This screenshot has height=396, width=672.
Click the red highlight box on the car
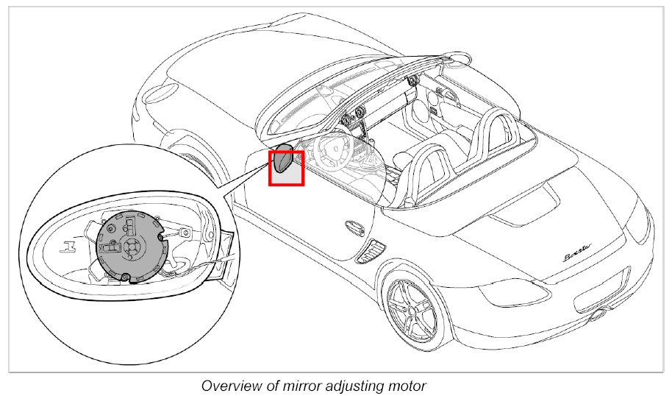click(286, 168)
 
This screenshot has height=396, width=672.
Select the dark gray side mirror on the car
click(282, 160)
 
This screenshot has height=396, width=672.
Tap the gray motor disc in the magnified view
click(129, 244)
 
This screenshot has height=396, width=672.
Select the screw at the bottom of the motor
click(126, 276)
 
